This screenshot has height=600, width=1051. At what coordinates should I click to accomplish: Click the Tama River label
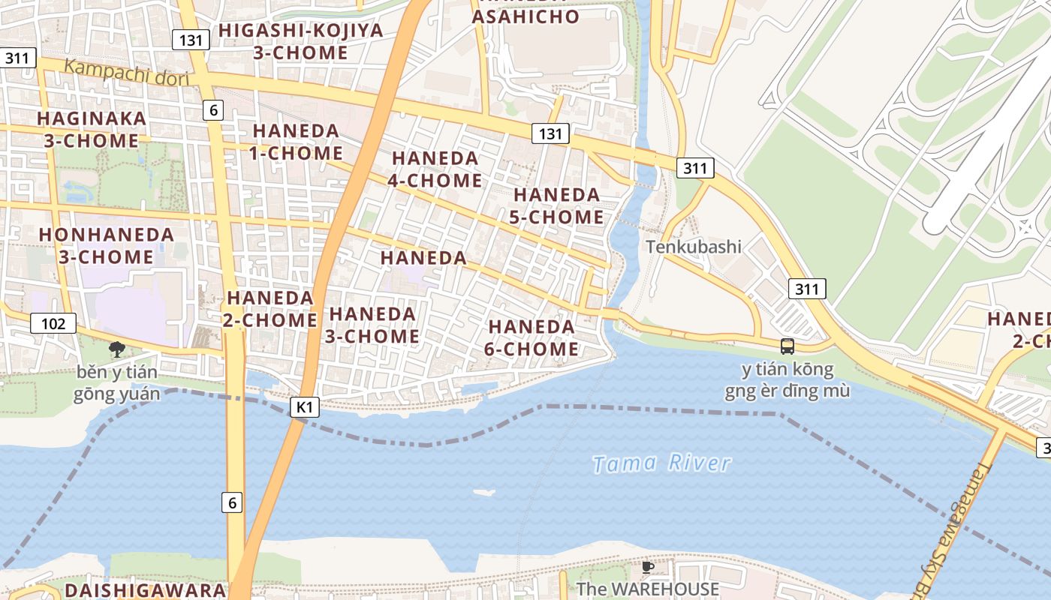(661, 463)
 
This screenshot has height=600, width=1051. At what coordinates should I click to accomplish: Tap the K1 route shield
(304, 407)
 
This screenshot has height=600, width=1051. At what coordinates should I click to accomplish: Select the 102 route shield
(53, 324)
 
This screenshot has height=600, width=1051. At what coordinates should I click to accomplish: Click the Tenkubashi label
(694, 247)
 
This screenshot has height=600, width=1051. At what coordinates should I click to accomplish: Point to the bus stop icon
(787, 346)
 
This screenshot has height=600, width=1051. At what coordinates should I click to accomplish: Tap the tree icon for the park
(116, 349)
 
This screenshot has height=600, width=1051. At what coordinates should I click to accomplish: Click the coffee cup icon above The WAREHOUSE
(648, 567)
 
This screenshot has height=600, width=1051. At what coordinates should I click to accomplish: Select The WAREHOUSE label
(648, 589)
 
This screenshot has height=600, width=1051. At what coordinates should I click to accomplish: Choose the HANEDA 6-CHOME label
(532, 338)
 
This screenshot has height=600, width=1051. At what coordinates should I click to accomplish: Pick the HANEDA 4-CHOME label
(435, 169)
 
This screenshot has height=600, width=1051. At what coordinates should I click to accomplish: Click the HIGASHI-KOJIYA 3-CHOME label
(300, 42)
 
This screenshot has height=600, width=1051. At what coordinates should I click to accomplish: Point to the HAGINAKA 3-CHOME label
(92, 130)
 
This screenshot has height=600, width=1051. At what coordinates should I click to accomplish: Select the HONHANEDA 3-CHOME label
(107, 246)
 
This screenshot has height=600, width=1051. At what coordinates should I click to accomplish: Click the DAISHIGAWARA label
(145, 590)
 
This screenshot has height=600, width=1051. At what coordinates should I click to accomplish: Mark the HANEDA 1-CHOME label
(297, 142)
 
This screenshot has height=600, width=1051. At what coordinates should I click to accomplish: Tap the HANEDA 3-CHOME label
(372, 325)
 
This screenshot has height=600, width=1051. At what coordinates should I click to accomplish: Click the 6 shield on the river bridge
(232, 502)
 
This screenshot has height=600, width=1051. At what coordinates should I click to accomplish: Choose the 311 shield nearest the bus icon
(807, 289)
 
